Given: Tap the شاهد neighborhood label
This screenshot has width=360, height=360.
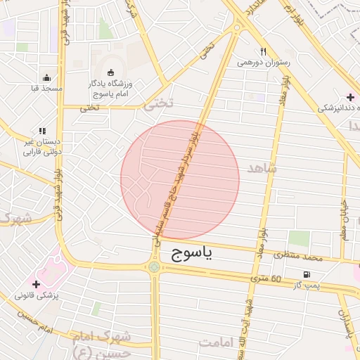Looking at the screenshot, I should (x=262, y=169).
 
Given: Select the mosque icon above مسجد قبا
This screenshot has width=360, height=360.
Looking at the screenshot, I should (x=46, y=77).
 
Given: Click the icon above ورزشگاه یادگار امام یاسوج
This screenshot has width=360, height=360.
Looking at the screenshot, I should (x=110, y=72).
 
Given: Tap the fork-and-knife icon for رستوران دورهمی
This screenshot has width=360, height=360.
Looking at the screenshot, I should (x=263, y=51).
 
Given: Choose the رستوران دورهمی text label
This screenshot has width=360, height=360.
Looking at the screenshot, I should (x=263, y=63).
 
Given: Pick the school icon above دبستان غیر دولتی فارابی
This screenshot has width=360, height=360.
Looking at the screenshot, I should (x=42, y=131).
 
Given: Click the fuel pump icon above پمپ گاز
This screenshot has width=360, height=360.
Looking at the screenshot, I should (x=305, y=274).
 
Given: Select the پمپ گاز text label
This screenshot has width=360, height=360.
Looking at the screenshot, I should (x=307, y=285).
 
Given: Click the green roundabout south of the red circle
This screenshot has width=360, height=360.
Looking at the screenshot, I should (x=154, y=267).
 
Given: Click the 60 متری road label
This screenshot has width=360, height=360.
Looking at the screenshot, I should (x=266, y=280).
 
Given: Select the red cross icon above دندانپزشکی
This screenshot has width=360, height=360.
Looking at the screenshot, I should (x=350, y=97).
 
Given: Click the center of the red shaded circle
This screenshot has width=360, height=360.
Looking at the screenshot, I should (x=180, y=180).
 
